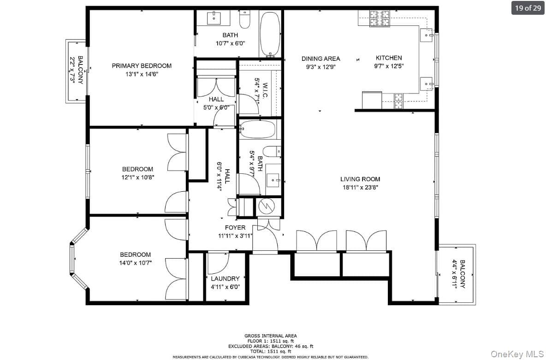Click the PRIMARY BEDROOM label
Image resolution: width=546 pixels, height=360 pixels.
(142, 65)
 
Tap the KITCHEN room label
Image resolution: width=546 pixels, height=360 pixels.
(389, 58)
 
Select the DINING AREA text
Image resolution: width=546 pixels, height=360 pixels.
(320, 59)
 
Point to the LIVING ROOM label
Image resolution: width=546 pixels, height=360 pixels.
(360, 179)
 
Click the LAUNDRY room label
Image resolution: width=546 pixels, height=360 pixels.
(226, 278)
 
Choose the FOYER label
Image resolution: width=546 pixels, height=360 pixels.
(235, 227)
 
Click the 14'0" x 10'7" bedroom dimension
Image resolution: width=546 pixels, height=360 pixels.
(136, 263)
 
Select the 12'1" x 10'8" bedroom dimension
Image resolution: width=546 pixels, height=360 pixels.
(137, 177)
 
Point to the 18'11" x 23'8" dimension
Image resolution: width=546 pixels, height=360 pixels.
(360, 187)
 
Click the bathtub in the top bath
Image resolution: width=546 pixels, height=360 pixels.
(270, 34)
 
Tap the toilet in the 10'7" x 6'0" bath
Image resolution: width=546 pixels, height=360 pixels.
(245, 19)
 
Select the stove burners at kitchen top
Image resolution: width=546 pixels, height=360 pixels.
(380, 18)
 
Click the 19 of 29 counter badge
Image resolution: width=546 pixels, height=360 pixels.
(528, 8)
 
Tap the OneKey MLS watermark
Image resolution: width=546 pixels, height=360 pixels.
(517, 354)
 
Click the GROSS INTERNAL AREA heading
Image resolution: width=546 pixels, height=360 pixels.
(271, 336)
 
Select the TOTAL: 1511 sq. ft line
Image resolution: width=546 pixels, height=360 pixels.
(271, 352)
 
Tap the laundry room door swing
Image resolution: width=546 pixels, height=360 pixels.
(219, 264)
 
